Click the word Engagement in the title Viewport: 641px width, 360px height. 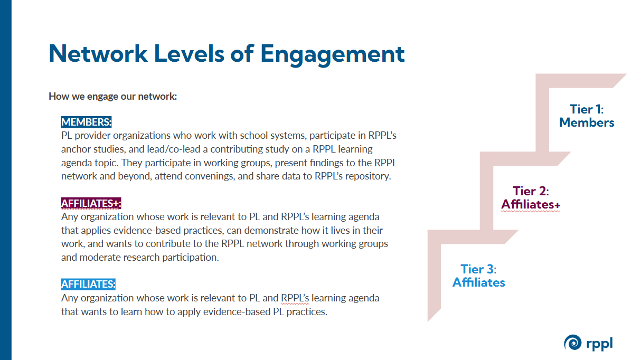tap(333, 55)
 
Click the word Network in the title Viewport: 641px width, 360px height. tap(98, 53)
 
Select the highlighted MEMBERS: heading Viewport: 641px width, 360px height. tap(86, 122)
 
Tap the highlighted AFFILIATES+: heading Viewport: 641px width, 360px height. tap(91, 203)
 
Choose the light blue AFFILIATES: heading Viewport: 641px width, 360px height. tap(88, 284)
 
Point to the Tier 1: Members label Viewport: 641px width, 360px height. tap(587, 116)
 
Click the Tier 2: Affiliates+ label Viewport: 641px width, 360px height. tap(531, 197)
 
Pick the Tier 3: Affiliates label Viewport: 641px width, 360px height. tap(478, 276)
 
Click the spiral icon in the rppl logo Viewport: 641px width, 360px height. tap(572, 343)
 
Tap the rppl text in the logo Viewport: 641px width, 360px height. tap(599, 344)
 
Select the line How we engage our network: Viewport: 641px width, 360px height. tap(113, 97)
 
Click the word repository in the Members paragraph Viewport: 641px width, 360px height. tap(368, 176)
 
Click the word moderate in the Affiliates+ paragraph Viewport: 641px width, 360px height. tap(100, 258)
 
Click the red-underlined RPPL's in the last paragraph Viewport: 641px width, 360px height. tap(295, 298)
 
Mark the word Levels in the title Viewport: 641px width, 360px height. tap(190, 53)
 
